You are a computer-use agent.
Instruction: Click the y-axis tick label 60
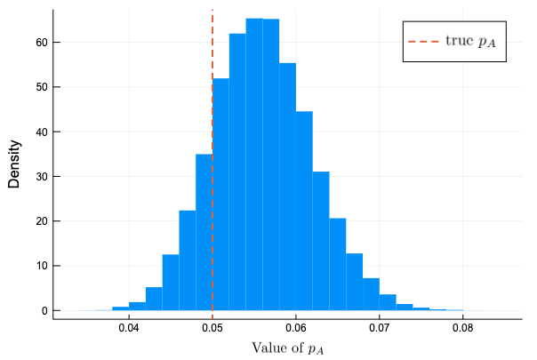[41, 42]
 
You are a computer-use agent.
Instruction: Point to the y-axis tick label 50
[41, 87]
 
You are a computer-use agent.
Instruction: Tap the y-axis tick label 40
[41, 132]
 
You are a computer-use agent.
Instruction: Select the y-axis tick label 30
[41, 176]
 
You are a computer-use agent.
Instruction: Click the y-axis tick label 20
[41, 221]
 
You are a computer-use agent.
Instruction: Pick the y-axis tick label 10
[41, 266]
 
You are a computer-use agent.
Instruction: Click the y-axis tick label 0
[44, 310]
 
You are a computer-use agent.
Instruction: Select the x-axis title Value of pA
[288, 348]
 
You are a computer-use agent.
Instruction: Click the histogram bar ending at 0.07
[371, 294]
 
